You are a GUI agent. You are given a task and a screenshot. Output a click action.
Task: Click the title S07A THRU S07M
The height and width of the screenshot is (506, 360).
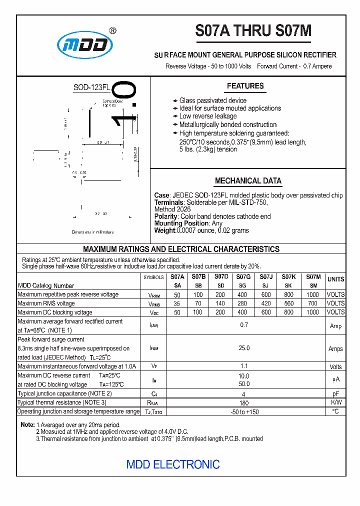253,31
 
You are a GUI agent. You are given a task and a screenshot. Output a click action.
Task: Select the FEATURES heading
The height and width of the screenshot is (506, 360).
245,86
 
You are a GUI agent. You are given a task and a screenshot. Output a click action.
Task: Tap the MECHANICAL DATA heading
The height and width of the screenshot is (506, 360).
248,180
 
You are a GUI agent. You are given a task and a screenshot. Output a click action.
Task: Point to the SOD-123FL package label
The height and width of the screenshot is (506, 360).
91,87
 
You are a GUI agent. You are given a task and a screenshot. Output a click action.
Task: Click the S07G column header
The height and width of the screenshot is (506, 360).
243,276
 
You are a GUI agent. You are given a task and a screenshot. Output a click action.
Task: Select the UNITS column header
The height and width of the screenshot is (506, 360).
335,279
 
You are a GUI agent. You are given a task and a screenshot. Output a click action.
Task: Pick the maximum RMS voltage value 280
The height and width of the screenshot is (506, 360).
242,303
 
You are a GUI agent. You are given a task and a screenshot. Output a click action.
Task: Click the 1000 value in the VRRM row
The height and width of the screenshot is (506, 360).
312,295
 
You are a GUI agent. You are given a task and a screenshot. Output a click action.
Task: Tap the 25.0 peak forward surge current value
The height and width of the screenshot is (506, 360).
243,348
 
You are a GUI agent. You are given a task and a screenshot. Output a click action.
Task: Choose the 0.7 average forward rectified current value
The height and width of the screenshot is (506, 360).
243,325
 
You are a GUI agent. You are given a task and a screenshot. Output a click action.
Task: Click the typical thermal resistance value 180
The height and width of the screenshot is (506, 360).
243,403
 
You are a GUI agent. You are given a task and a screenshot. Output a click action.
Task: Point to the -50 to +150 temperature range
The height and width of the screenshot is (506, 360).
243,411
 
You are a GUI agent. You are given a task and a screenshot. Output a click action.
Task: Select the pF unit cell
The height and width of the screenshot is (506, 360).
335,393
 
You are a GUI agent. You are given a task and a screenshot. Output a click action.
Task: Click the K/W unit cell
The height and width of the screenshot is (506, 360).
335,402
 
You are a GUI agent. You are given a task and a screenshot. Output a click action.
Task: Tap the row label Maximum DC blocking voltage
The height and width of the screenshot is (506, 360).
55,312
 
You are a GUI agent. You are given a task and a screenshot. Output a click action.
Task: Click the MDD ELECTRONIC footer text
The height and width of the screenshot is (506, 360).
173,464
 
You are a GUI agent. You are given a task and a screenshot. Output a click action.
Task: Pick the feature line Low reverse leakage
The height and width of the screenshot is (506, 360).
208,116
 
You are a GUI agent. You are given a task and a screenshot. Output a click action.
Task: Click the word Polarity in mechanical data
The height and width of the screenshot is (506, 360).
166,216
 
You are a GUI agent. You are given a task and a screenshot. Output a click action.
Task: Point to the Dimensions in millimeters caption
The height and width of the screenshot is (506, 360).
92,232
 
